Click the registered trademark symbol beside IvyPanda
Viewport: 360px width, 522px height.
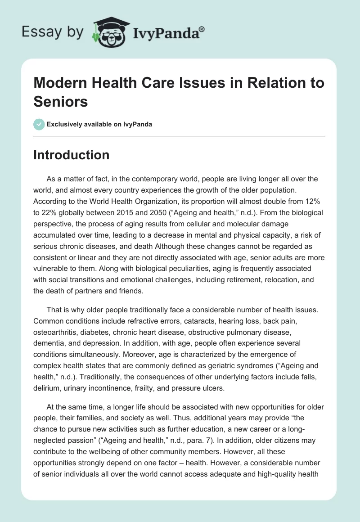point(202,29)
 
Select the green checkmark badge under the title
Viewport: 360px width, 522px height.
point(39,124)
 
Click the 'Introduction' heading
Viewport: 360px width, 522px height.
point(72,155)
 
